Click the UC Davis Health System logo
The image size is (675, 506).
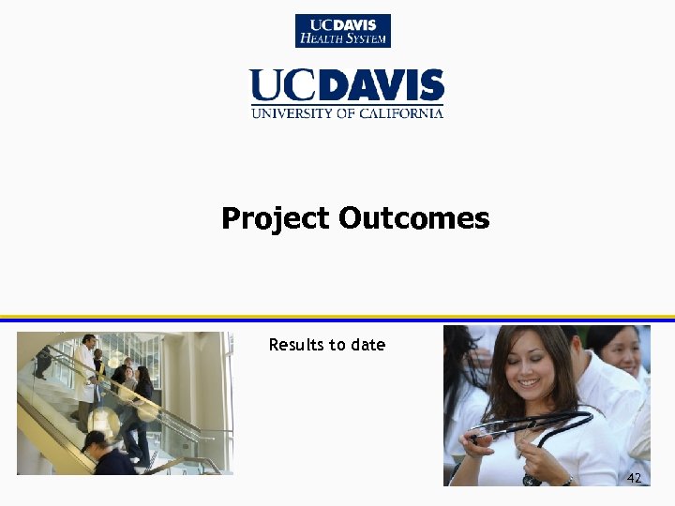click(343, 31)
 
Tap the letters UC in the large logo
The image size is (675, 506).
click(279, 87)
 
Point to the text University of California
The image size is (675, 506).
click(347, 113)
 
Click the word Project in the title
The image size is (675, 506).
click(276, 219)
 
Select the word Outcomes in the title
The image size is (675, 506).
click(413, 219)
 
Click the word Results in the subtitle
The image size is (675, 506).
click(294, 345)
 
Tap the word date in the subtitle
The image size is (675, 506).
click(368, 345)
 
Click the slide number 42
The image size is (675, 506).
click(635, 478)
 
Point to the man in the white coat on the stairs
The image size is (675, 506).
click(86, 370)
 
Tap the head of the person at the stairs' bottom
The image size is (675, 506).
click(95, 440)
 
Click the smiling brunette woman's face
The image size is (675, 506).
click(531, 365)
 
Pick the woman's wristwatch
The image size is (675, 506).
click(566, 480)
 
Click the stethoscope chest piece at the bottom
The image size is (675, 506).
click(531, 480)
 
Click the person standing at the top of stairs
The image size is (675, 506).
click(41, 361)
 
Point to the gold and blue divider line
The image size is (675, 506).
click(337, 318)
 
